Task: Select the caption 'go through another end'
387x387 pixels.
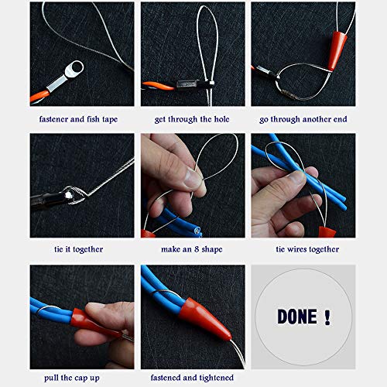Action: point(303,119)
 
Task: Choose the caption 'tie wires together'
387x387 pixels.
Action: point(303,249)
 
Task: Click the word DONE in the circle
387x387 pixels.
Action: point(296,317)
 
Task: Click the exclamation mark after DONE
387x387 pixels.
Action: point(327,317)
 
